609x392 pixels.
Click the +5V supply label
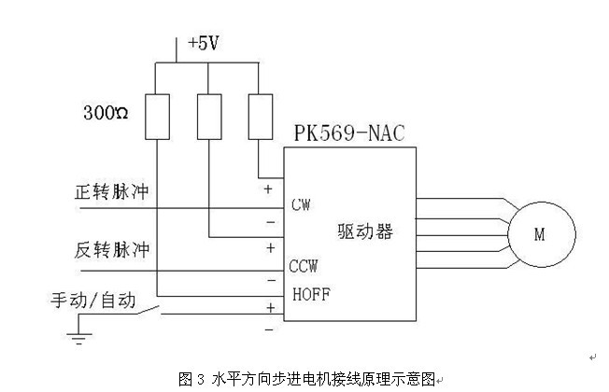203,43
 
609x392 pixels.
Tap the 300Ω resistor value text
106,113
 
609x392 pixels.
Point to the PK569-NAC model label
349,133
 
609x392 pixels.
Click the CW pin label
301,204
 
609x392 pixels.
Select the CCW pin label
304,266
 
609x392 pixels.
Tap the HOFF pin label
311,294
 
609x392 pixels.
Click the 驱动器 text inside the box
365,231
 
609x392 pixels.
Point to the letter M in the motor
540,234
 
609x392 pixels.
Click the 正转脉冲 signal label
112,191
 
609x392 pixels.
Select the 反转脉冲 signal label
112,249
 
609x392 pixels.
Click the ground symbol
79,337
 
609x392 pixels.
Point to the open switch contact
148,311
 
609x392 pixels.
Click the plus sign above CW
268,189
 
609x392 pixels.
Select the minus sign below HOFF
270,329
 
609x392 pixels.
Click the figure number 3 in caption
201,379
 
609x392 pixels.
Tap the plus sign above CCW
271,248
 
